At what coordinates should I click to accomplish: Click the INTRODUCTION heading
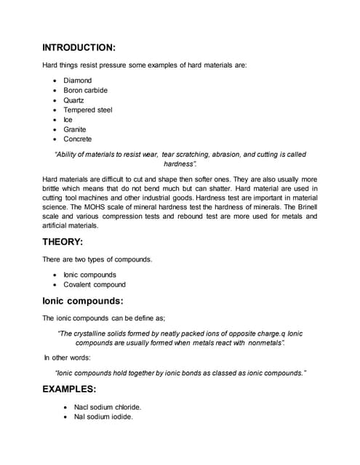click(79, 48)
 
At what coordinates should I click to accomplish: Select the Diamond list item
click(77, 81)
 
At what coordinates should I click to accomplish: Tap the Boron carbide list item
click(85, 90)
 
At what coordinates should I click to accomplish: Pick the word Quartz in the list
click(73, 100)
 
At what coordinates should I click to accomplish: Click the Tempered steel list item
click(87, 110)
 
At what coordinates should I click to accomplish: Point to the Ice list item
click(68, 120)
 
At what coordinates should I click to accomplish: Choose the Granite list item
click(74, 129)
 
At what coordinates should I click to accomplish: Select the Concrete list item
click(77, 139)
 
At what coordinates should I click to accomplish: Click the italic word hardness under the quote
click(179, 164)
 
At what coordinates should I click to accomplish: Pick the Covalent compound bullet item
click(95, 285)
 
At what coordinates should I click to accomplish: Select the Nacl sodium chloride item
click(108, 407)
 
